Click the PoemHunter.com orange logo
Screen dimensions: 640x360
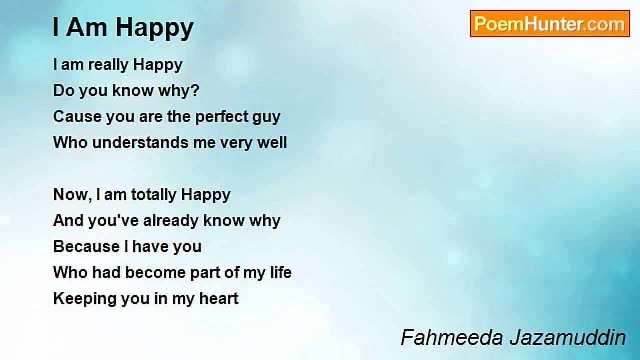550,24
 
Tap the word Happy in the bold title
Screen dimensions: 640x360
155,28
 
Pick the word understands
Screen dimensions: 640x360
140,143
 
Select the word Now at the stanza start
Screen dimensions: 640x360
71,194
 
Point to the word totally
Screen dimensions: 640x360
154,195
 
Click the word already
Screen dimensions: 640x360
171,221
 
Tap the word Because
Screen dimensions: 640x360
86,247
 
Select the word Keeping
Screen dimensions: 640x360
85,299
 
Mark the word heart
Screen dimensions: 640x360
219,298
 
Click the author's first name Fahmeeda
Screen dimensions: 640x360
452,337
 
